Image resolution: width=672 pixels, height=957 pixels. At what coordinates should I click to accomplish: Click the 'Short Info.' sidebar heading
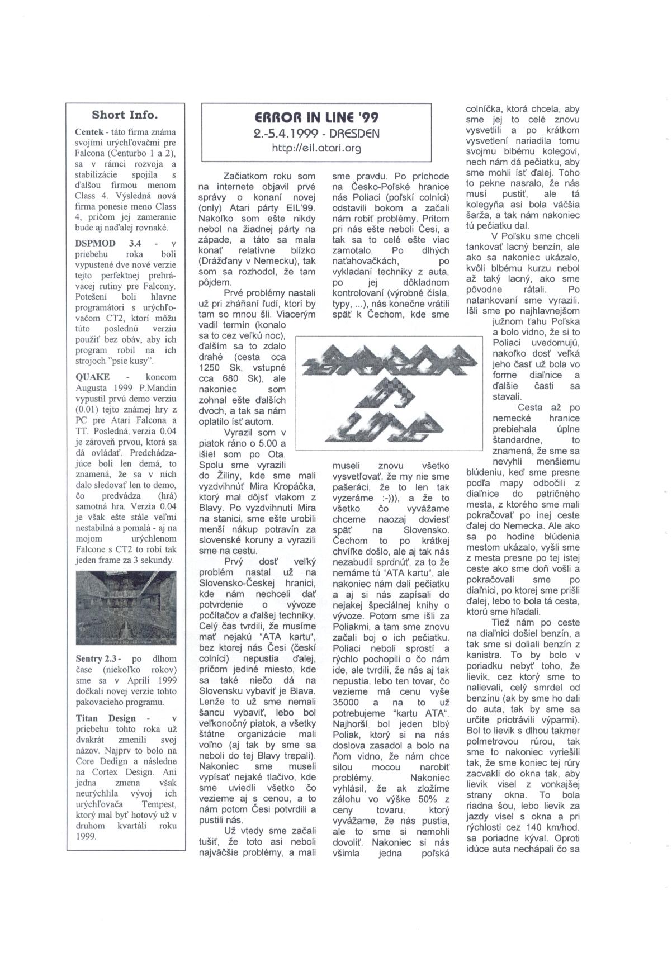click(125, 115)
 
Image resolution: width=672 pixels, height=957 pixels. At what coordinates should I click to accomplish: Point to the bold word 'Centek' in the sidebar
click(88, 132)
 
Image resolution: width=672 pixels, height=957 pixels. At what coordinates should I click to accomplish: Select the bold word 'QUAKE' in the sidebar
click(92, 377)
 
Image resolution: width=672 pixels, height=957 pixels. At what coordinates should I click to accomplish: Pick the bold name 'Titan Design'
click(106, 718)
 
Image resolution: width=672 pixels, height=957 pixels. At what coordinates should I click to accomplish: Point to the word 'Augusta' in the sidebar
click(93, 388)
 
